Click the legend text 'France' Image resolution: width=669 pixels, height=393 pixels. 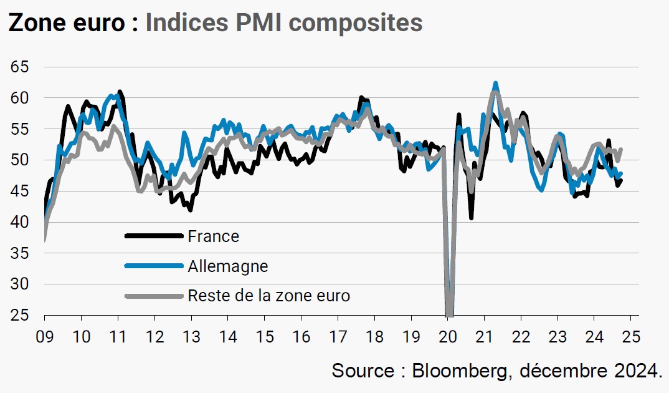[213, 236]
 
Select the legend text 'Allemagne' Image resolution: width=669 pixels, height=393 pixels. [227, 266]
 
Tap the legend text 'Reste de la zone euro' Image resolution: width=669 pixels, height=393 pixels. [268, 296]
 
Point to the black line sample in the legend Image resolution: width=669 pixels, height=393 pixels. [154, 236]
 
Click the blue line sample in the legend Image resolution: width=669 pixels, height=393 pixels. [154, 266]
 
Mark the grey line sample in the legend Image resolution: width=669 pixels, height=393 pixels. [154, 296]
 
